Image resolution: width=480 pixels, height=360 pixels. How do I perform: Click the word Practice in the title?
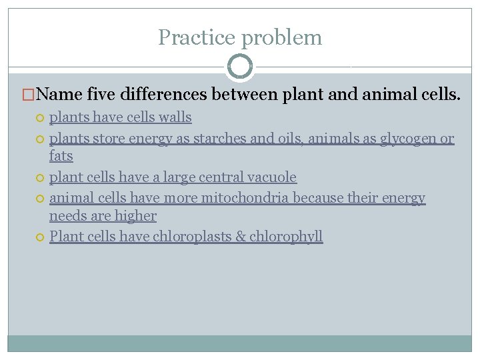click(x=197, y=37)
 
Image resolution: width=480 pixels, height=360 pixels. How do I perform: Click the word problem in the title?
click(x=281, y=38)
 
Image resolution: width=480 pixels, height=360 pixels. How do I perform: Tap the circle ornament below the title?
click(x=240, y=67)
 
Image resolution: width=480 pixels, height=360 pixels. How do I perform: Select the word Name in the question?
click(x=58, y=96)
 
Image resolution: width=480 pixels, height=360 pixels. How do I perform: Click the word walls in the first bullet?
click(x=175, y=118)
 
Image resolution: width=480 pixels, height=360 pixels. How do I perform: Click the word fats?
click(x=61, y=156)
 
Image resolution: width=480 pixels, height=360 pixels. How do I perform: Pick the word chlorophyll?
click(x=286, y=237)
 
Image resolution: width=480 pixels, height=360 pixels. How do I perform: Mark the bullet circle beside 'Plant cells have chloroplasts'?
click(x=39, y=237)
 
